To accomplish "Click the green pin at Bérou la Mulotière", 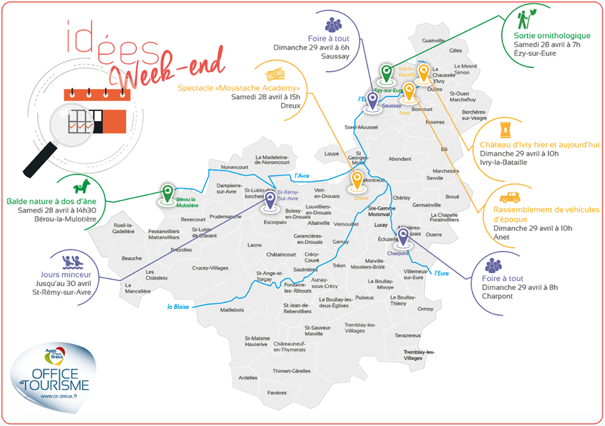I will click(167, 193).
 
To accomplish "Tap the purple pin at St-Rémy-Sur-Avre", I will click(270, 200).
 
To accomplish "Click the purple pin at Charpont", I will click(403, 236).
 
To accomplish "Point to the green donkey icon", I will click(83, 187).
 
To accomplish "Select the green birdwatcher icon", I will click(527, 18).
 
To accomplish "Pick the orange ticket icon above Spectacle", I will click(272, 73).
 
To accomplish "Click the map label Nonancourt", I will click(235, 167).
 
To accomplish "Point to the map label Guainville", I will click(434, 40).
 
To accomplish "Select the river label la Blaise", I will click(178, 307).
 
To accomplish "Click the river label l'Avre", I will click(303, 176).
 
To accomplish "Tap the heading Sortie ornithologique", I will click(552, 35).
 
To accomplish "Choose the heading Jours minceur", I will click(66, 275).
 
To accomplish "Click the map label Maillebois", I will click(232, 310).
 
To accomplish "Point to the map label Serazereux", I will click(408, 336).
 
